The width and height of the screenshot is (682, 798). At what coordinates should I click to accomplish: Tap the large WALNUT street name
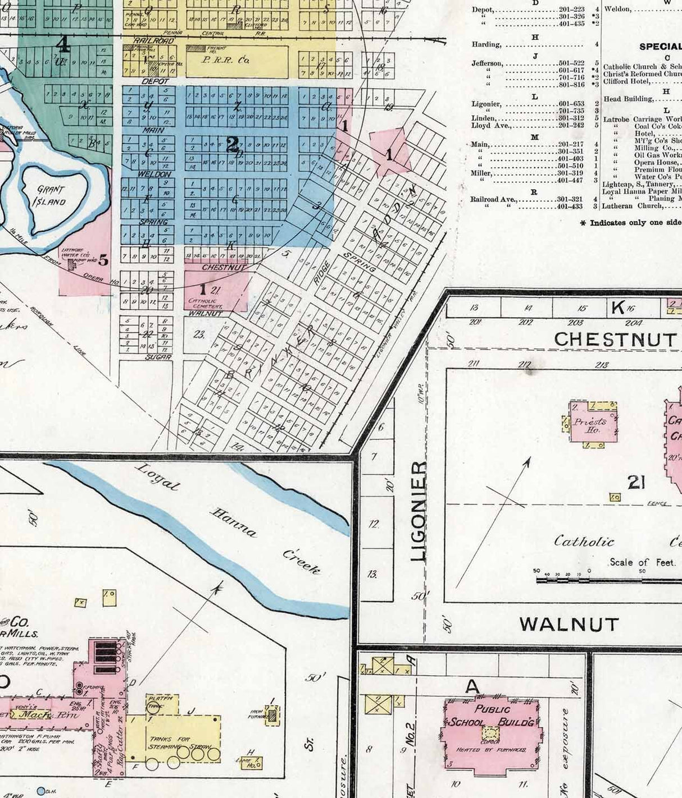coord(569,624)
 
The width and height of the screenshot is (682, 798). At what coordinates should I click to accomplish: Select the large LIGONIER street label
coord(420,511)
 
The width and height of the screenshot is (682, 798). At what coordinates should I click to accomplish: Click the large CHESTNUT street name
coord(615,339)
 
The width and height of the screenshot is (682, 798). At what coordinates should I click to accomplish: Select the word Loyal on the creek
coord(158,478)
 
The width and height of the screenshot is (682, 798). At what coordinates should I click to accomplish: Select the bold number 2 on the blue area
coord(231,145)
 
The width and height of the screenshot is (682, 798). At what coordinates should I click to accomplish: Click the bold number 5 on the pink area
coord(103,259)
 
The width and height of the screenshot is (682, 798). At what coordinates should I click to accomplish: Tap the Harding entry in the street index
coord(486,44)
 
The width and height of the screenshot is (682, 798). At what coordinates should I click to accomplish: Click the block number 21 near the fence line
coord(635,482)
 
